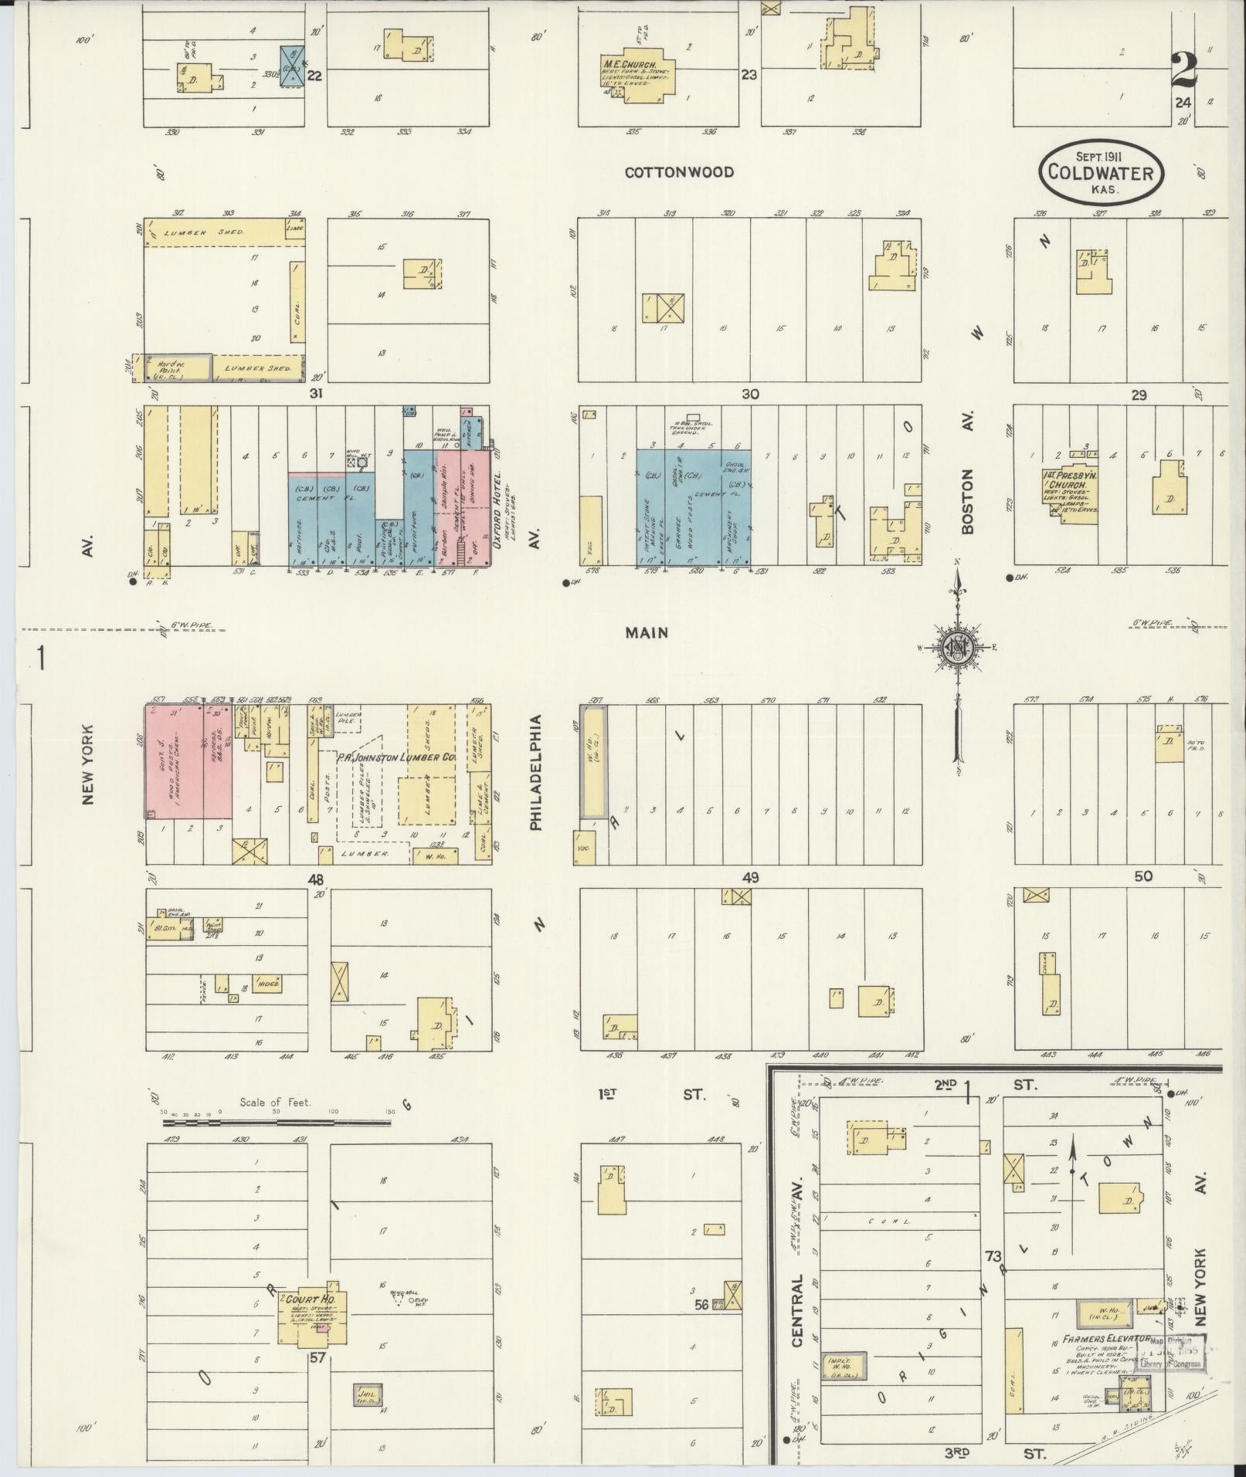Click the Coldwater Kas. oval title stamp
1099,172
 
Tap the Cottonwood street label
679,172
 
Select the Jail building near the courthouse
367,1394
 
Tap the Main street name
646,632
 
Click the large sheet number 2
1183,71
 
